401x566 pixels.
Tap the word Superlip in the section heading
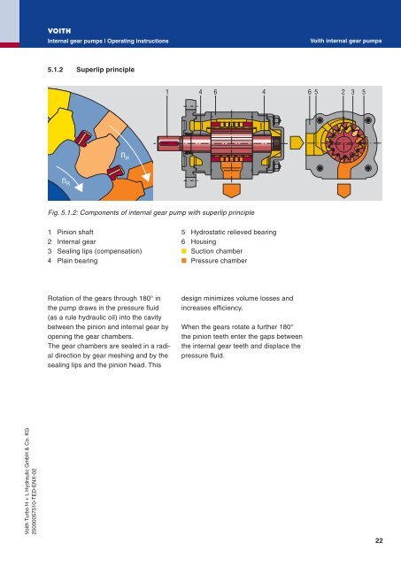[x=91, y=67]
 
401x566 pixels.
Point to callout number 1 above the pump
[x=167, y=91]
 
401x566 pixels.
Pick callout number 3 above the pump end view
[x=353, y=91]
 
